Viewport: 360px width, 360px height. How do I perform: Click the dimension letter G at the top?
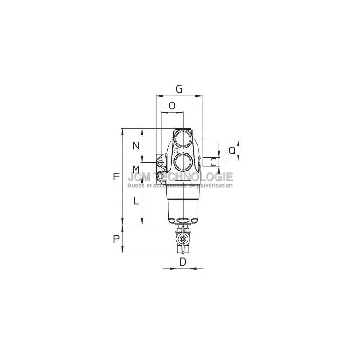[x=179, y=89]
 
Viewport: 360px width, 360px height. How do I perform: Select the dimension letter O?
[x=172, y=106]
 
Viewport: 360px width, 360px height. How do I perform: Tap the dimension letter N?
[x=136, y=145]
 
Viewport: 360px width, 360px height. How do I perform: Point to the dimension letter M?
[x=136, y=170]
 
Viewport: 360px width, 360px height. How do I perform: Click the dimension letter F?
[x=117, y=176]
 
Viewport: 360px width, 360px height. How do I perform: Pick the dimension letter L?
[x=136, y=201]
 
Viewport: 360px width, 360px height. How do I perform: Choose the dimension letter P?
[x=117, y=239]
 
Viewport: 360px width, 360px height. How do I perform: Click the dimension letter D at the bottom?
[x=183, y=261]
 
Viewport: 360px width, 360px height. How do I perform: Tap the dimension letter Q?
[x=232, y=151]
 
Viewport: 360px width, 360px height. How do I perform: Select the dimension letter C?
[x=213, y=162]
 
